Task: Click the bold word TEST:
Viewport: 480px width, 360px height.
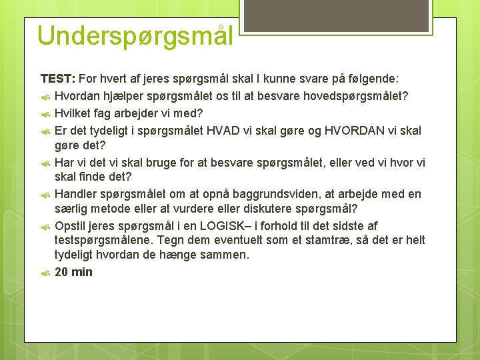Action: (58, 79)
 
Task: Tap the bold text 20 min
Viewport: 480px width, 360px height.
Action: (73, 272)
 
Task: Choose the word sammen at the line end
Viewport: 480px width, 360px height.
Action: (226, 255)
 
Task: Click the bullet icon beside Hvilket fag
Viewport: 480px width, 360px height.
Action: (46, 114)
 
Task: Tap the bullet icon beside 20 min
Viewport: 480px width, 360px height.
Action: (46, 273)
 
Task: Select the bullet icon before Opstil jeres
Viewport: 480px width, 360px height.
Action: (46, 226)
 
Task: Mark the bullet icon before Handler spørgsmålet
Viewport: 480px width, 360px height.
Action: (46, 195)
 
